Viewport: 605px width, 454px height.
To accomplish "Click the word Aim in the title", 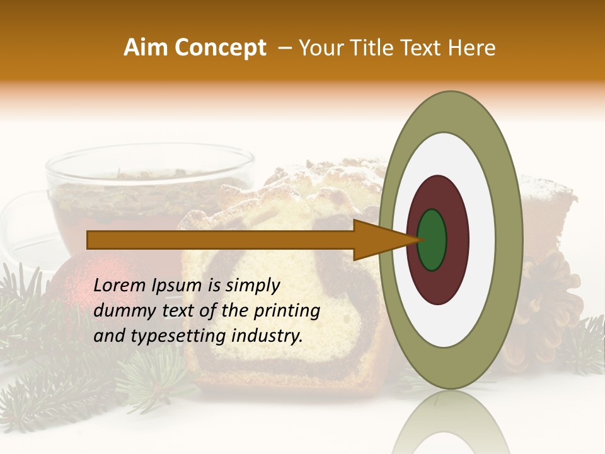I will pyautogui.click(x=145, y=48).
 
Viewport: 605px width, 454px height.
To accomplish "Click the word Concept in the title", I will pyautogui.click(x=220, y=48).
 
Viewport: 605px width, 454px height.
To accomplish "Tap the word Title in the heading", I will pyautogui.click(x=372, y=48).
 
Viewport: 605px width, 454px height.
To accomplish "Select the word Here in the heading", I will pyautogui.click(x=472, y=48).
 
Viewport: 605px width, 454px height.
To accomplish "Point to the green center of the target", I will pyautogui.click(x=432, y=240).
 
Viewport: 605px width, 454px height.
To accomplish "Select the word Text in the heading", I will pyautogui.click(x=423, y=48).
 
